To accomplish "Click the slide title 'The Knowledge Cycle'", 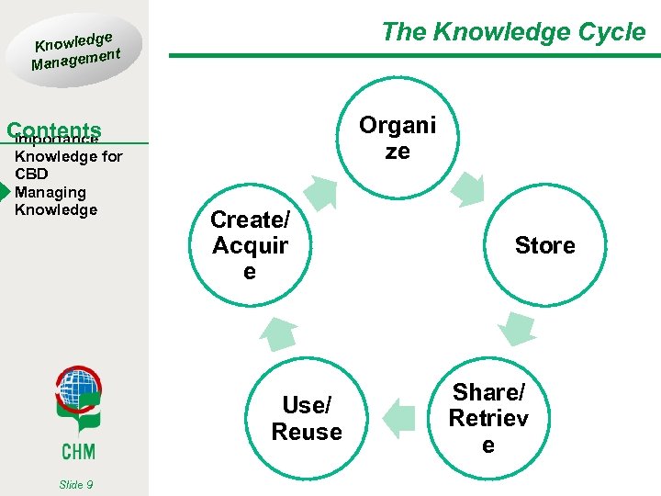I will [513, 32].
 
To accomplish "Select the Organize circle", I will [398, 138].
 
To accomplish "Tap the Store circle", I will [544, 245].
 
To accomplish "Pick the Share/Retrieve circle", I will [488, 418].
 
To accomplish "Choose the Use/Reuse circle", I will [307, 418].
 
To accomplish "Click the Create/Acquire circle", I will [249, 245].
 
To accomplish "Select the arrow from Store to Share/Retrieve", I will [519, 327].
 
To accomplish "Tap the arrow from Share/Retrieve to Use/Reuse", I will [398, 418].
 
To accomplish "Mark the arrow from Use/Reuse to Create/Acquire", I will [277, 333].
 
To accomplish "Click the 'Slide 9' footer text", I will [74, 484].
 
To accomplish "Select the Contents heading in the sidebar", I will [53, 130].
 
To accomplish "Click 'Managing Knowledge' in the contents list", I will [56, 201].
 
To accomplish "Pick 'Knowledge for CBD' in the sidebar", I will [68, 164].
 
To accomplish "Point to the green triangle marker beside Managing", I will [5, 192].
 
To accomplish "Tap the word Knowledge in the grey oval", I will [73, 39].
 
